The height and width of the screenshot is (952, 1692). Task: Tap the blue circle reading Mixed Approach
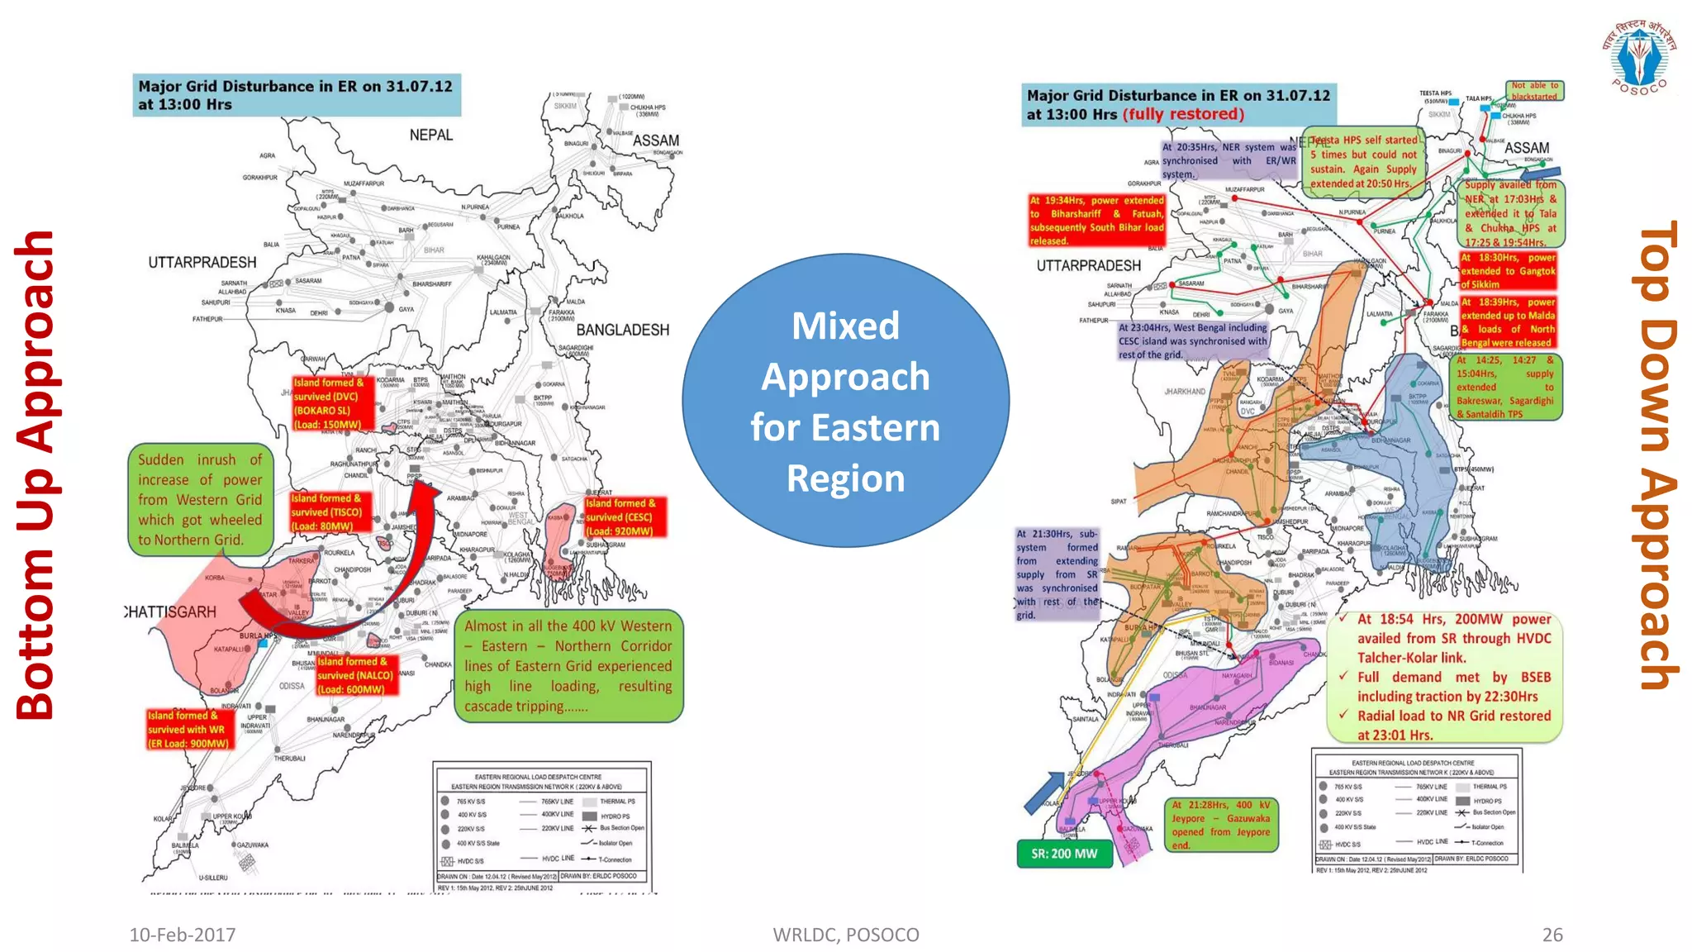(x=845, y=401)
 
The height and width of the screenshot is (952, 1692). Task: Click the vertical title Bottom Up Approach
(x=35, y=474)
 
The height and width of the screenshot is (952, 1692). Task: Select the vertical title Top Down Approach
(x=1656, y=455)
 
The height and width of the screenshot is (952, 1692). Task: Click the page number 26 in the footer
(x=1552, y=935)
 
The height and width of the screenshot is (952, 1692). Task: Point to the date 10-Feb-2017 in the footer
(x=182, y=935)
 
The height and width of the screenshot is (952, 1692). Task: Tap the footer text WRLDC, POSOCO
(x=845, y=935)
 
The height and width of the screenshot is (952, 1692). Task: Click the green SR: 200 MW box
(x=1064, y=854)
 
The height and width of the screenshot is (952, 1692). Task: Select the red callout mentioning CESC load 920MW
(x=624, y=516)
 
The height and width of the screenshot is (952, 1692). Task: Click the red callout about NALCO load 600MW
(x=356, y=675)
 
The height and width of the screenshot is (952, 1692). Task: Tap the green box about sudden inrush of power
(x=200, y=500)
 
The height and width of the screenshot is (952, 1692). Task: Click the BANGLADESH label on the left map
(x=622, y=330)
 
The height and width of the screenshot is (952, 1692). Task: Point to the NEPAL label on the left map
(x=431, y=135)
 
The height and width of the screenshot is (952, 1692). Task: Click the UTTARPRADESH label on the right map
(x=1088, y=265)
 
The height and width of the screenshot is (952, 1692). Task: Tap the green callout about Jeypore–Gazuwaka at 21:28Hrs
(x=1221, y=824)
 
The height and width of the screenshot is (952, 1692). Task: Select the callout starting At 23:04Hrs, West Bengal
(x=1192, y=340)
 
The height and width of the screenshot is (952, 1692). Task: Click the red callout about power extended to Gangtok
(x=1507, y=270)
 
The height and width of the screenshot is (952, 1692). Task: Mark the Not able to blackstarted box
(x=1534, y=90)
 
